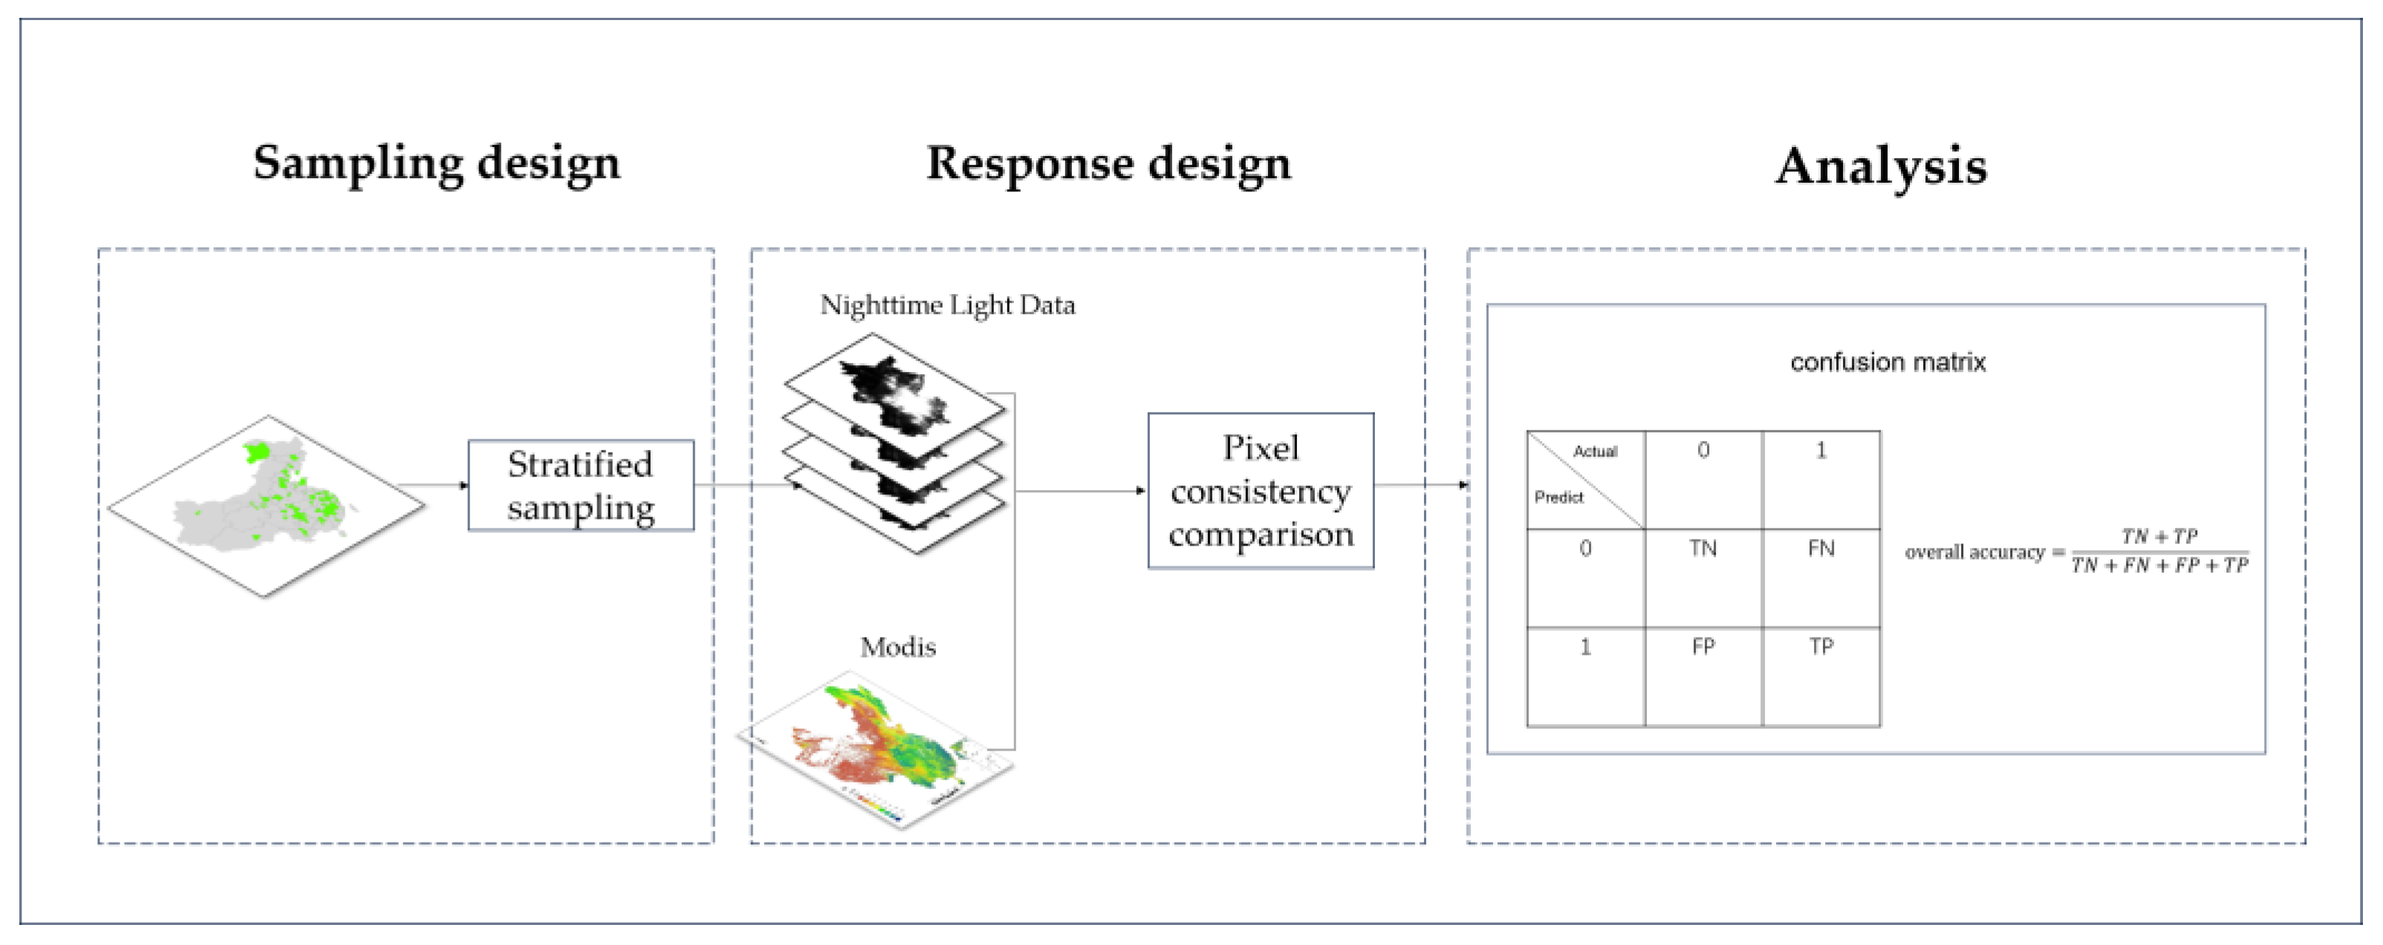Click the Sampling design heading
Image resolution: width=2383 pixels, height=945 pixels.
point(437,163)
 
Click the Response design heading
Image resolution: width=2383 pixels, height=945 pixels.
point(1108,163)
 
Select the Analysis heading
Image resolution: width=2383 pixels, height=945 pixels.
point(1881,166)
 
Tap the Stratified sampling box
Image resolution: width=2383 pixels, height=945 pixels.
point(580,485)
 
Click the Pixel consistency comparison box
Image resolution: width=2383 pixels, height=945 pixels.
point(1260,491)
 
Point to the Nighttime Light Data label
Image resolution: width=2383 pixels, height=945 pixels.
point(947,305)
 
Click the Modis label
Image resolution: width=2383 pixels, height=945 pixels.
point(897,647)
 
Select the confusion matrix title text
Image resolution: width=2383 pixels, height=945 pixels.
point(1887,362)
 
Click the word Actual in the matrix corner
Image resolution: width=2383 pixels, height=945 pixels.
point(1595,451)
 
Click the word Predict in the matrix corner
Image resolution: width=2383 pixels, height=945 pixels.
point(1558,497)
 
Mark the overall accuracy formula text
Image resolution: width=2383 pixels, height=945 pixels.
point(2076,552)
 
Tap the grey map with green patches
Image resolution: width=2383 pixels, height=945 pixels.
point(267,504)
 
